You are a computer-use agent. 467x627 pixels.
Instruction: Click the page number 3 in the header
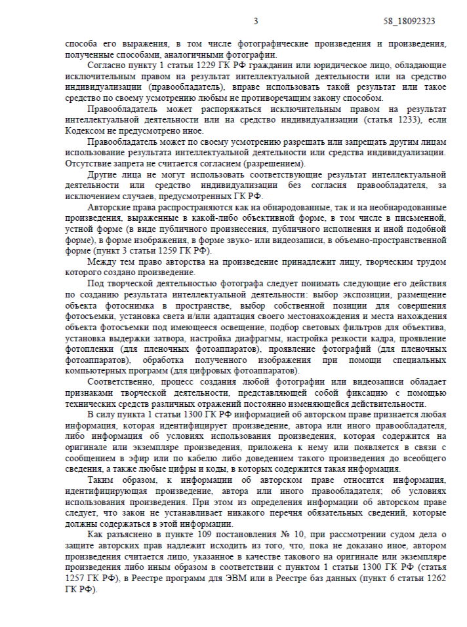[256, 21]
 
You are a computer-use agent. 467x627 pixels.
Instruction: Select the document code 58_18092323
[409, 21]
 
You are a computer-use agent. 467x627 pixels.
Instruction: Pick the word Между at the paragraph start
[100, 261]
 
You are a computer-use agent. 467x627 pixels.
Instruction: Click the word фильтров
[361, 327]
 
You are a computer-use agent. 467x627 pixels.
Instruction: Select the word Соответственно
[120, 381]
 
